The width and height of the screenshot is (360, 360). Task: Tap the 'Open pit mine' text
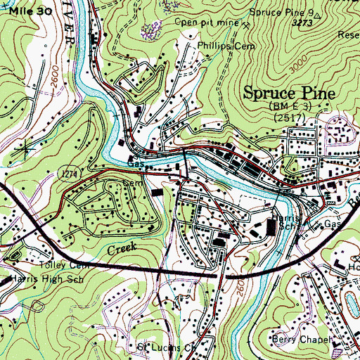coord(207,22)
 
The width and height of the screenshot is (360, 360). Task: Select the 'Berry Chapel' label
coord(302,340)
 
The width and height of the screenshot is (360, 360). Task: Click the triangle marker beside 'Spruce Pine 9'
coord(319,14)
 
